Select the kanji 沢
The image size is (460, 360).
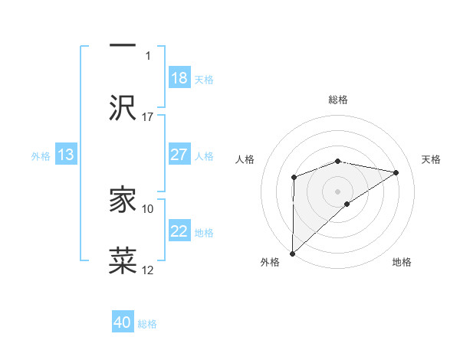click(123, 106)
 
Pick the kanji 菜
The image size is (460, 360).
click(123, 260)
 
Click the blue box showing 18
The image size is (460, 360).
click(179, 78)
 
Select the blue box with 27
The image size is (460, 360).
click(179, 155)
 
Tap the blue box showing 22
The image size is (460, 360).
click(179, 231)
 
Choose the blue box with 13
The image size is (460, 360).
click(66, 155)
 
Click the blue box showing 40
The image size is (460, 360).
click(123, 322)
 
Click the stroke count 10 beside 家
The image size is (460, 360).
click(148, 208)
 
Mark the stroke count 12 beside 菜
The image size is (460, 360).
click(148, 270)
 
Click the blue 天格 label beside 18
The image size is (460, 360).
click(204, 80)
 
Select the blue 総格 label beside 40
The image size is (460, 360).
click(147, 324)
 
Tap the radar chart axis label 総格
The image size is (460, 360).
click(338, 100)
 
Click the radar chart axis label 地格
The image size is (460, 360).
click(402, 262)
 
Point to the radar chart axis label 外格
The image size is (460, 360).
click(270, 262)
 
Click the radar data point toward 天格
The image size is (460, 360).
click(396, 172)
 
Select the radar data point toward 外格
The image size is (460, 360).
click(292, 253)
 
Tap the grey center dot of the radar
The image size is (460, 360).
click(337, 191)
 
